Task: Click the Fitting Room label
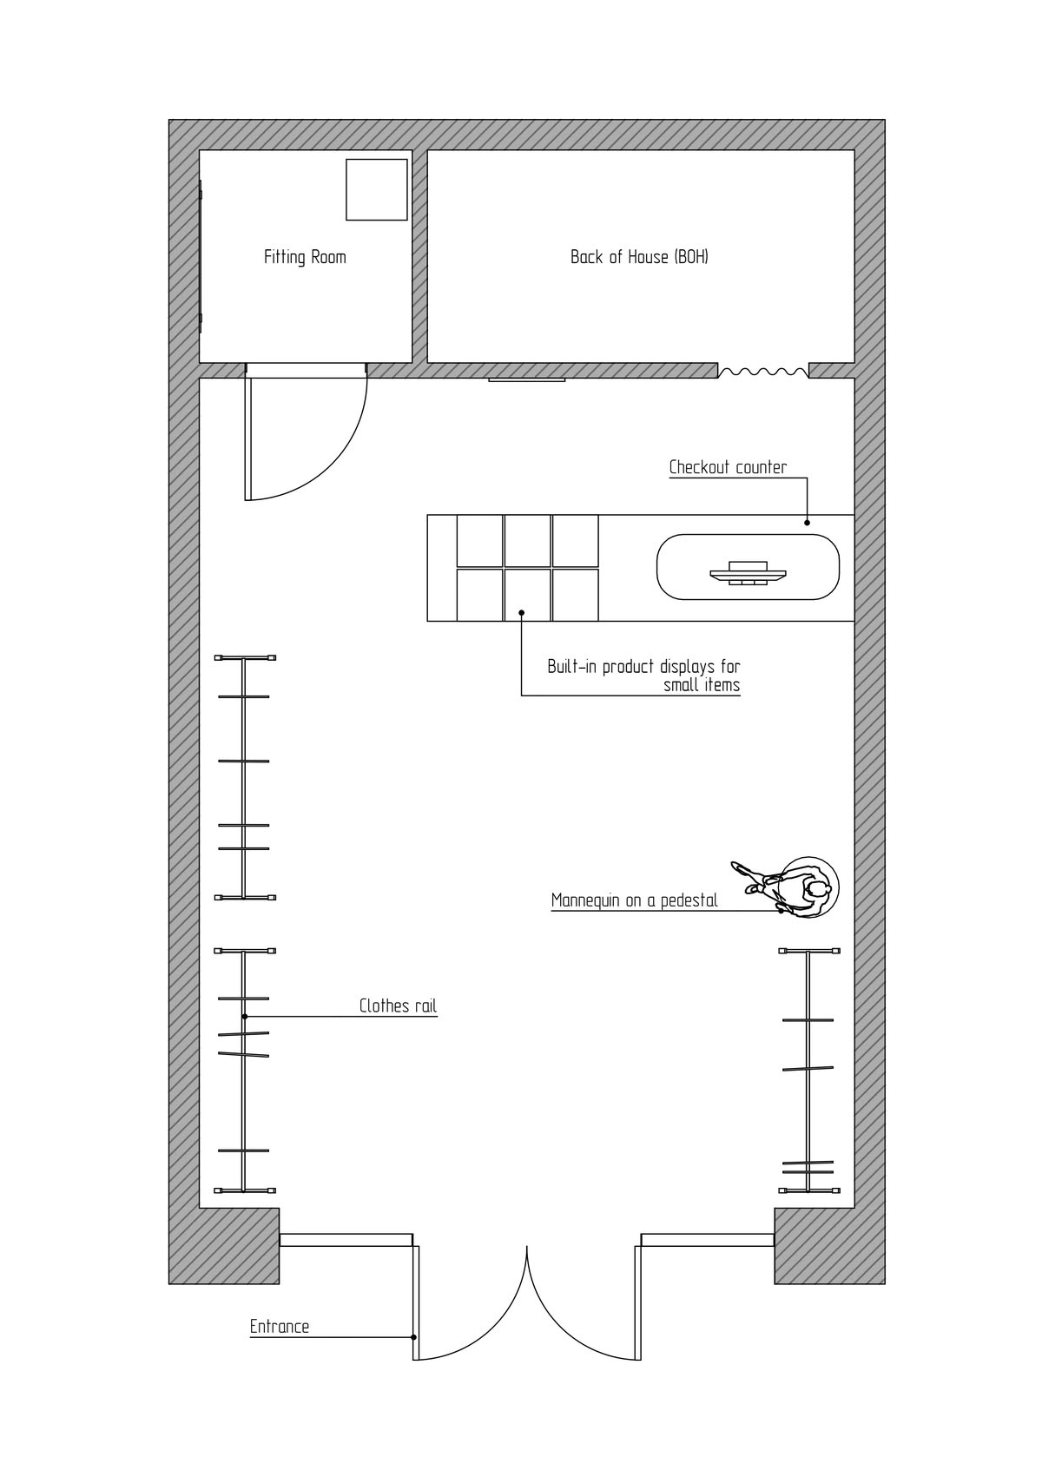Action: pos(305,258)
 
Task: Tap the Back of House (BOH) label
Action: pos(639,257)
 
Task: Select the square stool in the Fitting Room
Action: pos(376,189)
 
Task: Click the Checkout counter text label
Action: pos(727,467)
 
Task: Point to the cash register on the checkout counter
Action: pos(748,573)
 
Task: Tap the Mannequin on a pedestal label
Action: pos(634,901)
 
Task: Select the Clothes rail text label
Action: pos(398,1005)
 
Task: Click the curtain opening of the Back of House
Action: pos(763,372)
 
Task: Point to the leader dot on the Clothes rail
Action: pos(245,1016)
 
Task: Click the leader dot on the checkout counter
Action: pos(808,523)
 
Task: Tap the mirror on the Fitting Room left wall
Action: pos(201,257)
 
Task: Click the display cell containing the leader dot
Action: pos(527,595)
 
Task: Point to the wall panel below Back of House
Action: pos(526,379)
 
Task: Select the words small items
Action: pos(702,685)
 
